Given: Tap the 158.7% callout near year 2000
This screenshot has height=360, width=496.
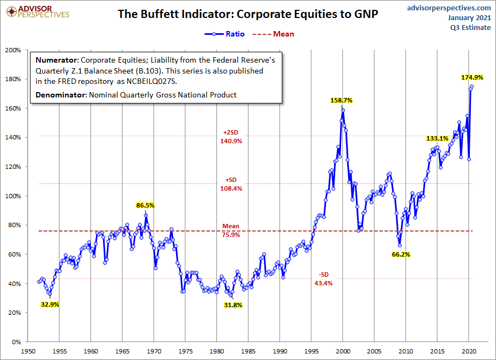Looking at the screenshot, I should (342, 101).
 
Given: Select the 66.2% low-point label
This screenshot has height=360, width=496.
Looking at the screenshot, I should (401, 254).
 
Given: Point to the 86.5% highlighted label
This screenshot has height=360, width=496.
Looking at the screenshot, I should (146, 205).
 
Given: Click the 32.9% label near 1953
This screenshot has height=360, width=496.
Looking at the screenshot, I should (50, 304).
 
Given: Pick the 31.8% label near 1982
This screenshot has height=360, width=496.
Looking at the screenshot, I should (233, 305).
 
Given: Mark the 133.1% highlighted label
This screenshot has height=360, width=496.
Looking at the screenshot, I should (437, 139).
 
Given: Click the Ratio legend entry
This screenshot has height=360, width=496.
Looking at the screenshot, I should (225, 34).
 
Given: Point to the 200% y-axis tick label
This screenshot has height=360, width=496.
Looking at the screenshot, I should (13, 50).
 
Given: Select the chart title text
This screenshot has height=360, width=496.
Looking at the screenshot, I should (248, 14).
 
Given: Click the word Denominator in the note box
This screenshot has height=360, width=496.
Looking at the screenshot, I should (60, 95).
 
